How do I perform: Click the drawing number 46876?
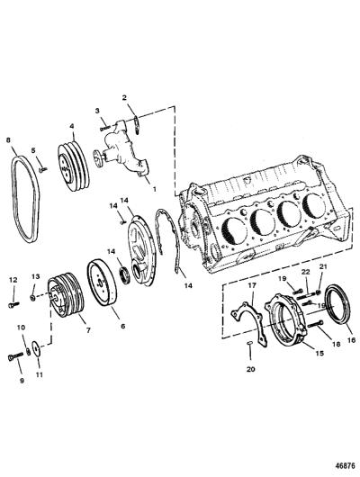pyautogui.click(x=345, y=465)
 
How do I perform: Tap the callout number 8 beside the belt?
pyautogui.click(x=8, y=140)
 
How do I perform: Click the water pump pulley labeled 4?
pyautogui.click(x=74, y=166)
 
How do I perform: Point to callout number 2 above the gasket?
pyautogui.click(x=124, y=98)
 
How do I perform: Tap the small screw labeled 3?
pyautogui.click(x=104, y=128)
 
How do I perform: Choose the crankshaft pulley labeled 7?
pyautogui.click(x=66, y=297)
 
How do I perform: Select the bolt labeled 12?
pyautogui.click(x=13, y=304)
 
